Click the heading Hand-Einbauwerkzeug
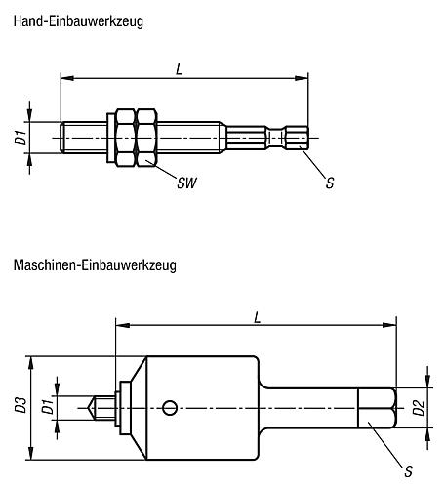pyautogui.click(x=78, y=17)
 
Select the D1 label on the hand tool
pyautogui.click(x=20, y=138)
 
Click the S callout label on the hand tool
pyautogui.click(x=329, y=183)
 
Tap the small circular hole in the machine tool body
pyautogui.click(x=171, y=407)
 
